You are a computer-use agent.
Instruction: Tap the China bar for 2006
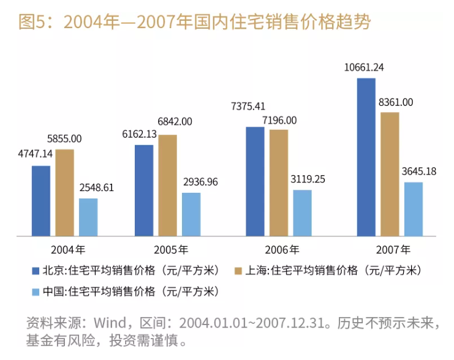302,212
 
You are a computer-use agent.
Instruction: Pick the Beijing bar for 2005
145,190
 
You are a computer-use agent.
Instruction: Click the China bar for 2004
88,217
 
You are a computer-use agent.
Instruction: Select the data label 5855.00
66,139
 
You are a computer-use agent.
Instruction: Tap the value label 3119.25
304,180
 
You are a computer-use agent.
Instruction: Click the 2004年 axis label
69,249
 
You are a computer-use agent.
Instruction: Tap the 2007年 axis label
394,249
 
